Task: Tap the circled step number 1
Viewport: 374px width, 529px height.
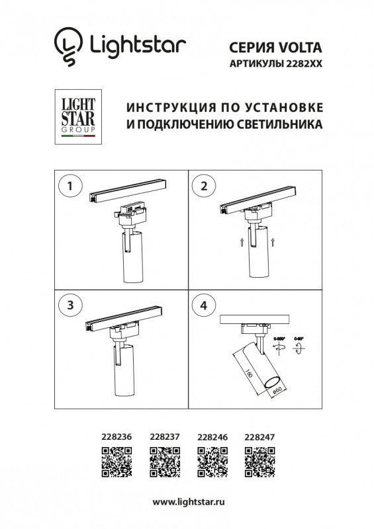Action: tap(68, 186)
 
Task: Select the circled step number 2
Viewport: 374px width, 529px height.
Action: tap(204, 186)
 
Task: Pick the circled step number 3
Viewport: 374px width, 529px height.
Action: tap(68, 305)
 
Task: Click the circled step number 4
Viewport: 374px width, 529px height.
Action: tap(204, 305)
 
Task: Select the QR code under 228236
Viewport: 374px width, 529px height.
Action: tap(116, 462)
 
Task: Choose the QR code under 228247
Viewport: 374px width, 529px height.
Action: tap(259, 462)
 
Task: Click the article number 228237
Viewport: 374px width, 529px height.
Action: tap(164, 436)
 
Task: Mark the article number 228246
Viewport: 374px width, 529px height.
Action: tap(212, 436)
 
